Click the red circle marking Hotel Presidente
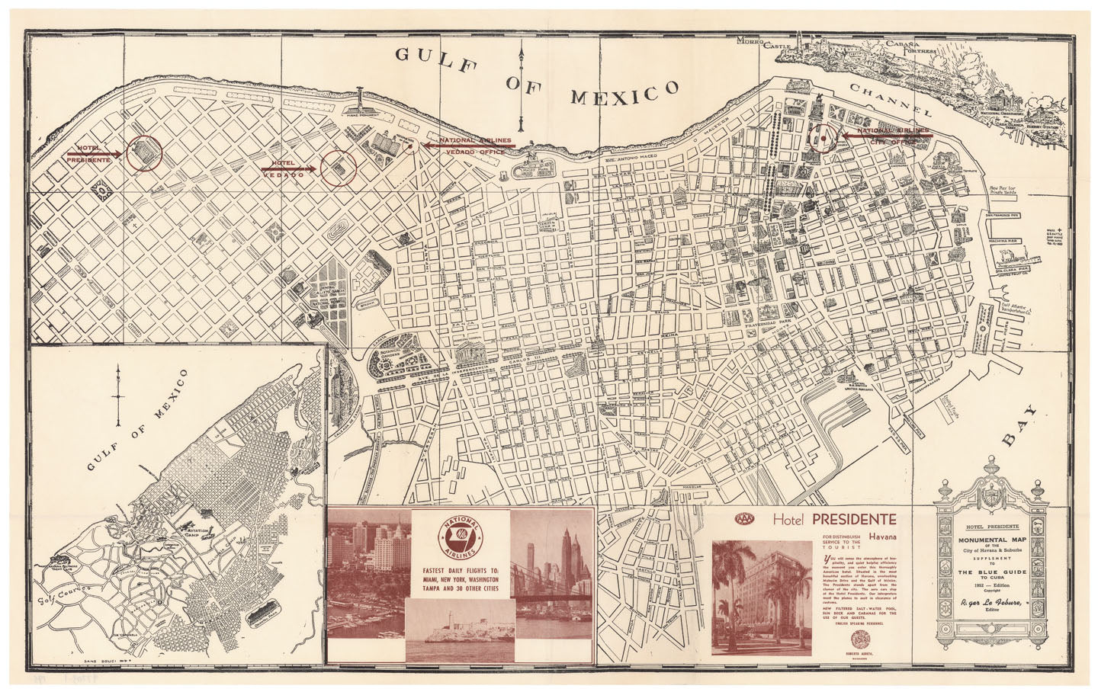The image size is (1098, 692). tap(145, 152)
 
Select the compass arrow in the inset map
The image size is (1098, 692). tap(118, 396)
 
